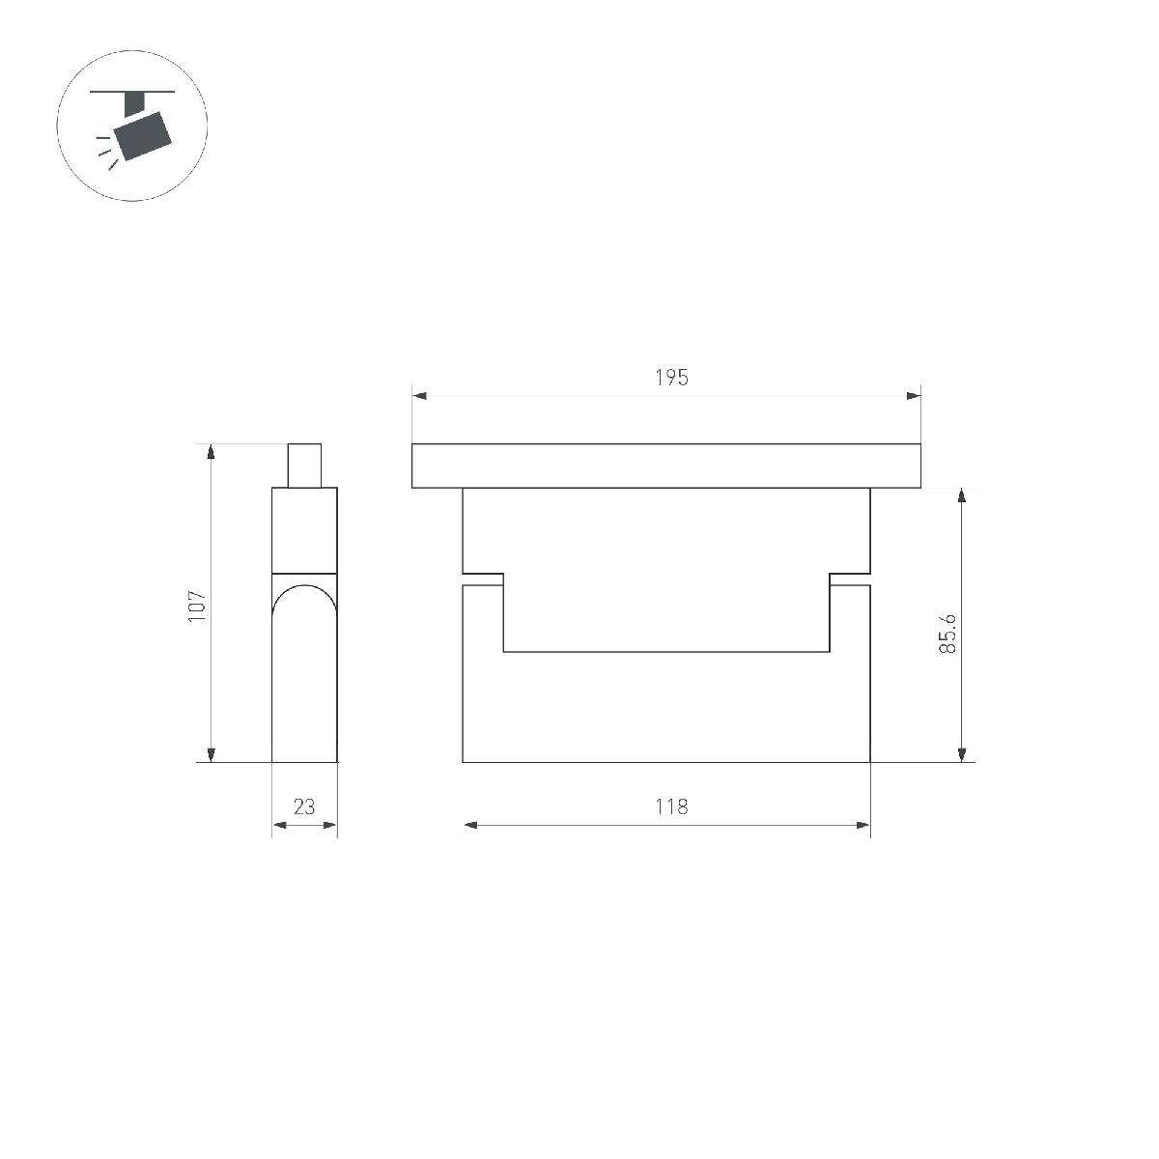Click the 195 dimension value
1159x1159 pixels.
click(x=671, y=377)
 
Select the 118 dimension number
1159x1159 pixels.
click(x=671, y=806)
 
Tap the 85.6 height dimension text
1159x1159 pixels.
click(x=947, y=634)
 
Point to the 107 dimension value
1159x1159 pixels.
click(x=197, y=607)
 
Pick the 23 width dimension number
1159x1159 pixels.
click(x=304, y=806)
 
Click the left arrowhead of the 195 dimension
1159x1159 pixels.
click(x=419, y=396)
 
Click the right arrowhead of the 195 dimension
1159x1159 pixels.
click(x=914, y=396)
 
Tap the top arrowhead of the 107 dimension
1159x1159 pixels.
click(x=211, y=451)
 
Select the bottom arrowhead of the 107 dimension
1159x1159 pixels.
click(x=211, y=755)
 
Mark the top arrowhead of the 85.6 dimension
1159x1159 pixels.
click(x=962, y=495)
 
